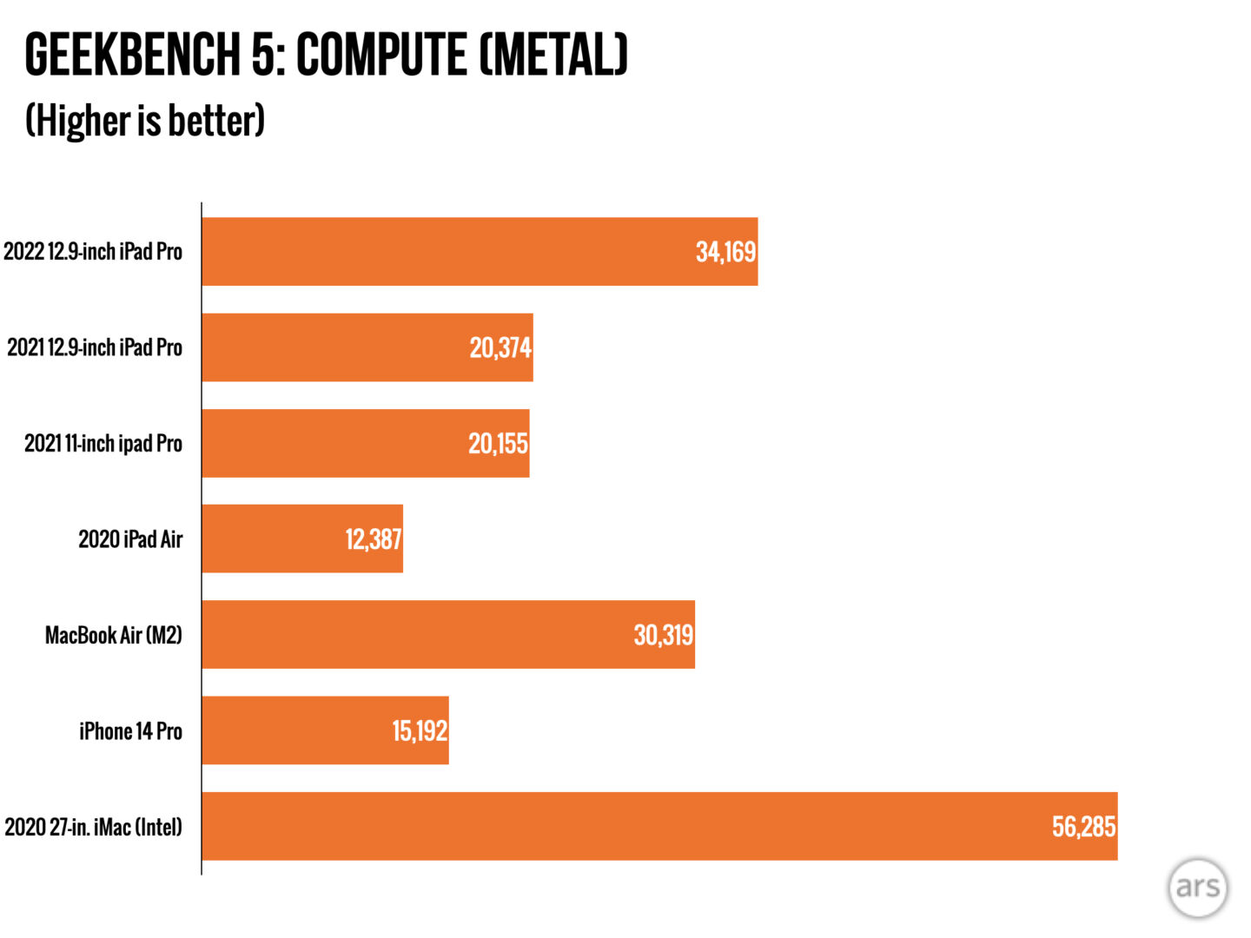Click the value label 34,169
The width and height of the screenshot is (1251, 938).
pyautogui.click(x=725, y=252)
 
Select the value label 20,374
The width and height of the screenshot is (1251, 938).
pyautogui.click(x=500, y=347)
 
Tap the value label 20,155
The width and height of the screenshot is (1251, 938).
pyautogui.click(x=498, y=444)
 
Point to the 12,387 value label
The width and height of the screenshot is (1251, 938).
pyautogui.click(x=374, y=539)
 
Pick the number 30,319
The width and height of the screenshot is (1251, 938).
pyautogui.click(x=663, y=635)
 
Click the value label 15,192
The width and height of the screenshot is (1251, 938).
pyautogui.click(x=420, y=730)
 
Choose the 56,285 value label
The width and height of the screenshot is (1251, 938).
pyautogui.click(x=1083, y=826)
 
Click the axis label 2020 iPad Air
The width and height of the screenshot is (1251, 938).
pyautogui.click(x=130, y=539)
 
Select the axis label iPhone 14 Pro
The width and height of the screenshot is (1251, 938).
pyautogui.click(x=130, y=731)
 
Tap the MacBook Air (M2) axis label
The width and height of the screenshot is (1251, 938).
pyautogui.click(x=114, y=635)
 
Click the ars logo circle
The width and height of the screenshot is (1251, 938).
pyautogui.click(x=1197, y=888)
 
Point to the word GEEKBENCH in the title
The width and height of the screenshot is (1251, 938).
pyautogui.click(x=133, y=55)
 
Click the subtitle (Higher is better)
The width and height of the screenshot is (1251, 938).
pyautogui.click(x=145, y=120)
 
